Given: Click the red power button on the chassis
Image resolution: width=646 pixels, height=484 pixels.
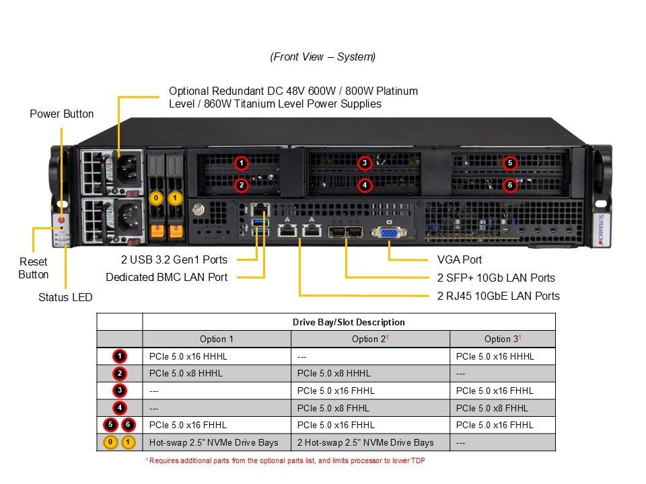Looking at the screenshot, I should pos(62,220).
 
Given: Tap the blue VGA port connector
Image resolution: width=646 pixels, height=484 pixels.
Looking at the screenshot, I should pos(389,233).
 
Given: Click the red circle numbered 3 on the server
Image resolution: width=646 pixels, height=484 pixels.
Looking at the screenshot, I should pos(364,163).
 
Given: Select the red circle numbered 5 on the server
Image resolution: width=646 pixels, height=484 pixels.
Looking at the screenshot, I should pos(510,163).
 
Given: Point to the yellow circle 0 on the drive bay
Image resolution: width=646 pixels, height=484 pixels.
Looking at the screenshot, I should pos(156,198).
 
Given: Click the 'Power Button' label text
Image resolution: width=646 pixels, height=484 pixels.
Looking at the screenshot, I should pos(62,114).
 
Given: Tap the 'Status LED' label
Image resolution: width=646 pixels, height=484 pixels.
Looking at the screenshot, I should pos(65,297).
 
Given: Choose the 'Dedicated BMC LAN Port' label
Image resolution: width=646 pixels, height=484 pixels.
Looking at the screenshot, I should pos(166,277).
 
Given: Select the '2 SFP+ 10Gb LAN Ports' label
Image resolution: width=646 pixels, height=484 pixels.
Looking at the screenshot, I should pos(496,278).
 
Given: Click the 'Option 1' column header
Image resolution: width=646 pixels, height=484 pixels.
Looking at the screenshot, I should pos(217,339).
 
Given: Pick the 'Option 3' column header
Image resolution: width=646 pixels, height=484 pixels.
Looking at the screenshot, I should pos(503,339).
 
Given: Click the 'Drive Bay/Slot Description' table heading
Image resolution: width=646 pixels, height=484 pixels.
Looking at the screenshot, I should pos(349,322).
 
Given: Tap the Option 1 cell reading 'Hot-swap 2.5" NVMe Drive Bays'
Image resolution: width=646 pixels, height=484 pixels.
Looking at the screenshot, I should pos(214,442).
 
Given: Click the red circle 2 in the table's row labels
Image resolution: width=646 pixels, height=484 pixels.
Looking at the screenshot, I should pos(119,374).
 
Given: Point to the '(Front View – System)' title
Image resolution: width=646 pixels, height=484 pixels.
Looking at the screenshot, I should pos(323,57).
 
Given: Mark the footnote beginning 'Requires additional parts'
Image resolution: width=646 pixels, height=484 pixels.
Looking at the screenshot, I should pos(285,460).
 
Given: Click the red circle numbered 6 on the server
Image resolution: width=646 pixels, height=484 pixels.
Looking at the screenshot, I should pos(510,185).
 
